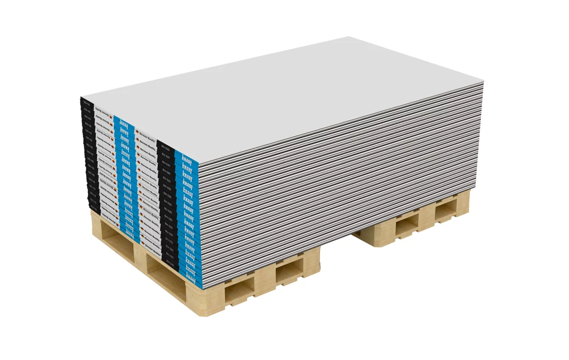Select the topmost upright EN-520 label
165,148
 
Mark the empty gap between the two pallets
335,252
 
